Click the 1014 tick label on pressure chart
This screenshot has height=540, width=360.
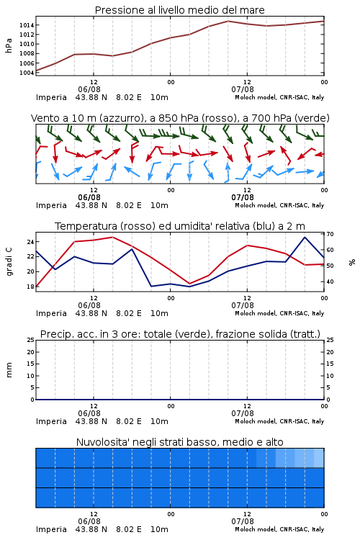(27, 25)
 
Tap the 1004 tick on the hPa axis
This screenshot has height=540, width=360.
(27, 73)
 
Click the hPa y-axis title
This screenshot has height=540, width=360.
(9, 45)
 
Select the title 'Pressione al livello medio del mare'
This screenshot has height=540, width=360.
(180, 10)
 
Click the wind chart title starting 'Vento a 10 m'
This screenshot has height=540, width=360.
(180, 118)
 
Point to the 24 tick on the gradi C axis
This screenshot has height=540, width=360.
(30, 242)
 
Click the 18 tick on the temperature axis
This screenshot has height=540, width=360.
(30, 287)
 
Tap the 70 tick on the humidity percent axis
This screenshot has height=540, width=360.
(330, 234)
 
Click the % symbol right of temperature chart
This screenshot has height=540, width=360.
(352, 262)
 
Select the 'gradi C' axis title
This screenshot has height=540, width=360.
(9, 261)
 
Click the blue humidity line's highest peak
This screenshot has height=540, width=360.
(305, 238)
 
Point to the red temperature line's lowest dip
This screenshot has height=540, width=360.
(189, 284)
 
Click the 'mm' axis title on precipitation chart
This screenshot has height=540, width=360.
(9, 370)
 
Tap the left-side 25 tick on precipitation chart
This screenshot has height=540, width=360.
(31, 340)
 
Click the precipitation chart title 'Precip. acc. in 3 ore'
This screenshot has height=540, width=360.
(180, 334)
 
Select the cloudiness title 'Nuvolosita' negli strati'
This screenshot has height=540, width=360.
(180, 442)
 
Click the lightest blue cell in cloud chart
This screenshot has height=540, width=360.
(319, 458)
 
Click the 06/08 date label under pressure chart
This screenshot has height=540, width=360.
(89, 89)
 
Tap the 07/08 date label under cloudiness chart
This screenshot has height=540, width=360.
(243, 521)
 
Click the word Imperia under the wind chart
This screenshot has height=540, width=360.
(51, 205)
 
